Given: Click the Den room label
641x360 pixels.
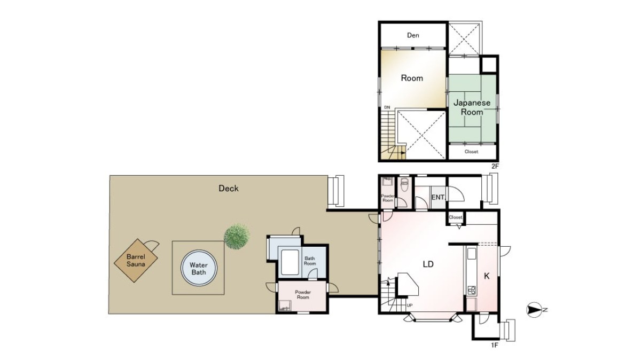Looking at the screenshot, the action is point(413,35).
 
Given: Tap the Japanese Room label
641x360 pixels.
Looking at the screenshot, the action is point(472,107).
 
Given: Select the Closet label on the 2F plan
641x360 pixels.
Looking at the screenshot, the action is point(471,152).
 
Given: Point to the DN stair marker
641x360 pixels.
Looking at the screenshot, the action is point(387,107).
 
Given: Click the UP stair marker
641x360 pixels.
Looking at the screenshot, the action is point(410,306).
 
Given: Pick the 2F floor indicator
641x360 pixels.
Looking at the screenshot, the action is point(495,166).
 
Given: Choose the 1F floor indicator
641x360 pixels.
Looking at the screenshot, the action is point(495,345).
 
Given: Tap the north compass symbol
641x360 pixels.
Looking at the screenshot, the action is point(534,310).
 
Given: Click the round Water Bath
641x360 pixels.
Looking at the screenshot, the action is point(199,268).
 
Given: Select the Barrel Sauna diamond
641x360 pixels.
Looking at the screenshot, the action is point(136,261).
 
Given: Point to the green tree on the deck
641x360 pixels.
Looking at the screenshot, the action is point(237,237).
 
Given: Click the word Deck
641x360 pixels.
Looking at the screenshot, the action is point(229,189).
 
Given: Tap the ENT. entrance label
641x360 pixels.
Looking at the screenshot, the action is point(438,198).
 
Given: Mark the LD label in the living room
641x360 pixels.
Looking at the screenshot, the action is point(428,264).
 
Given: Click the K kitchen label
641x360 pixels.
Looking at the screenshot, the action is point(487,276).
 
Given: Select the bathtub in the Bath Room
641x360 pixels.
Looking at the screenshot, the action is point(290,262).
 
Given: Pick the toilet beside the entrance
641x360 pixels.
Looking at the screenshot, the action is point(404,185).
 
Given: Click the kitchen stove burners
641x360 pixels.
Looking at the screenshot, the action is point(471,290).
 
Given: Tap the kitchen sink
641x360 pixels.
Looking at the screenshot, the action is point(471,254).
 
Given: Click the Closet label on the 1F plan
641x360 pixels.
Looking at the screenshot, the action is point(455,217).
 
